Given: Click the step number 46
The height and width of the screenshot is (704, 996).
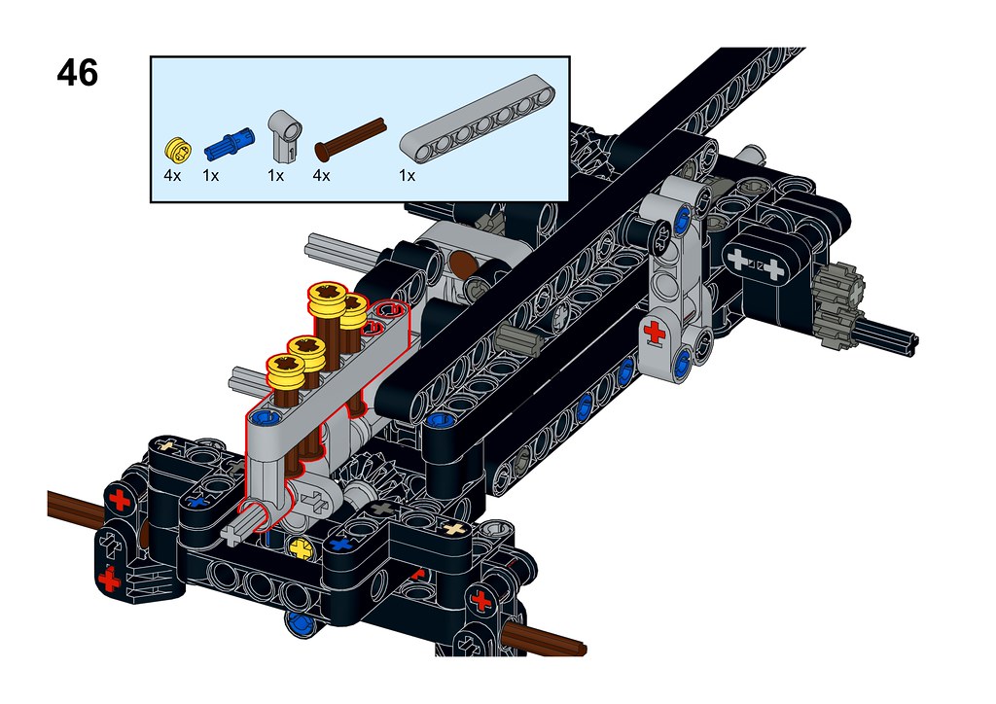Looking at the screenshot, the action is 78,72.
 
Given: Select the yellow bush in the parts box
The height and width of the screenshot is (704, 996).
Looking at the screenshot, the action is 177,149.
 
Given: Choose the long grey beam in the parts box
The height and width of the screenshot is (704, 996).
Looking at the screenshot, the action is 478,121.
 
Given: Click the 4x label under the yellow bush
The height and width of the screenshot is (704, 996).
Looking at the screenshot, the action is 172,176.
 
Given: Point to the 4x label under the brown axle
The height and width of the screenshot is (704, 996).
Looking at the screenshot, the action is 321,176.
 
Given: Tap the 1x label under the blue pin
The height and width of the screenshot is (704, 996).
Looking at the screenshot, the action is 211,176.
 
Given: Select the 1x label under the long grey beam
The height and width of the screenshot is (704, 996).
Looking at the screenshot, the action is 408,176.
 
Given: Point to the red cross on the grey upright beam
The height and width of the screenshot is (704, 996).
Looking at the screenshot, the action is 655,332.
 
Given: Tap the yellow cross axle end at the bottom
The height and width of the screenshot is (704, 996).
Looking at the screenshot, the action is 302,547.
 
